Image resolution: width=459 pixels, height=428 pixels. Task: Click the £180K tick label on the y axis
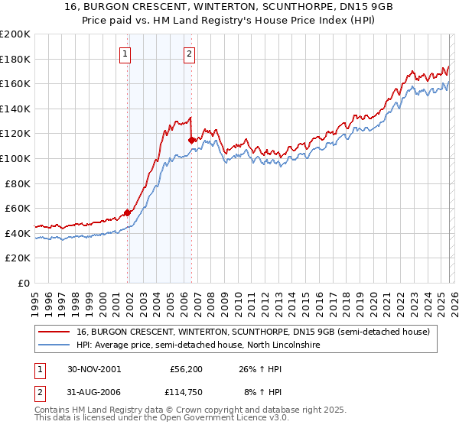(x=15, y=59)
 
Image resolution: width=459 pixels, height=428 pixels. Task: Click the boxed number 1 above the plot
(x=125, y=53)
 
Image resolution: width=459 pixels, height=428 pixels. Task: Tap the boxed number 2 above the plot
(x=189, y=53)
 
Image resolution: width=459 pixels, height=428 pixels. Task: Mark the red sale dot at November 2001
(x=128, y=212)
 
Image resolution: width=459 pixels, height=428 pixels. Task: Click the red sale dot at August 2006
(x=191, y=140)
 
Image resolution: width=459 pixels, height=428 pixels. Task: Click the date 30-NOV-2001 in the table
(x=93, y=369)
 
